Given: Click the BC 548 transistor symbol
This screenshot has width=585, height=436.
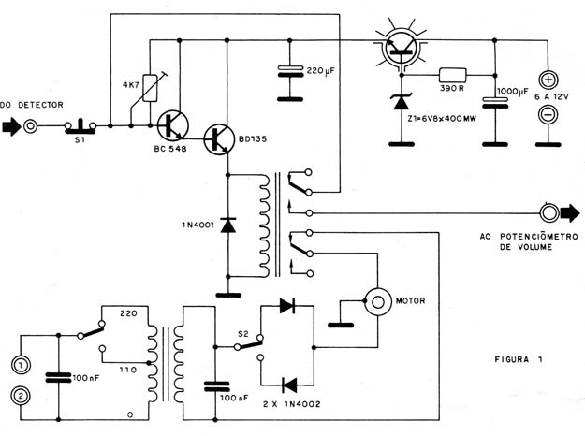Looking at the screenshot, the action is click(173, 126).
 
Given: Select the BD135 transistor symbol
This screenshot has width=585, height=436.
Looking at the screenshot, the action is click(219, 139).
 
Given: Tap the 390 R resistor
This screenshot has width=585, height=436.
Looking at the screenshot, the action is click(452, 75).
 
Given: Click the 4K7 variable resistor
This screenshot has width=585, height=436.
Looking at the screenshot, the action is click(150, 88).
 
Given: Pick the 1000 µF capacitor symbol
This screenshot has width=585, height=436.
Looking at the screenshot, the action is click(495, 103).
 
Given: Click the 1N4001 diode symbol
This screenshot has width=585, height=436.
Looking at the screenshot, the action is click(228, 225).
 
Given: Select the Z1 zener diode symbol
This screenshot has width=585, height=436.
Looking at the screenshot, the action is click(402, 102).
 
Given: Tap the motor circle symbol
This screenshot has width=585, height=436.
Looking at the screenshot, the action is click(378, 302).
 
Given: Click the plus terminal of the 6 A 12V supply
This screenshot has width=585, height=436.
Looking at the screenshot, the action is click(548, 80).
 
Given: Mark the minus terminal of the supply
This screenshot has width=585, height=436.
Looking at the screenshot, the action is click(548, 114).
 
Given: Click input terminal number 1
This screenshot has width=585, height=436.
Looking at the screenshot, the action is click(21, 365).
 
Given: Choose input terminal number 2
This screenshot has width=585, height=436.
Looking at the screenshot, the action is click(21, 396).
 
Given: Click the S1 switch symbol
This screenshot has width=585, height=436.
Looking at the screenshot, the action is click(80, 126).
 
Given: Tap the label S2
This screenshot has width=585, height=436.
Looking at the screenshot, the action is click(242, 334).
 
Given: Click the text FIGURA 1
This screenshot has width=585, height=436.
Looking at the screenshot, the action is click(519, 359).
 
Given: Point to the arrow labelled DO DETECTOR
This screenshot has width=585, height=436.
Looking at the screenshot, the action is click(11, 127).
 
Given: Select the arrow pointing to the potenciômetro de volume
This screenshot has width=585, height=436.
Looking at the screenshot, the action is click(570, 213).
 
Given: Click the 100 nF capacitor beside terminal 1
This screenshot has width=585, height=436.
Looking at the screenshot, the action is click(58, 377).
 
